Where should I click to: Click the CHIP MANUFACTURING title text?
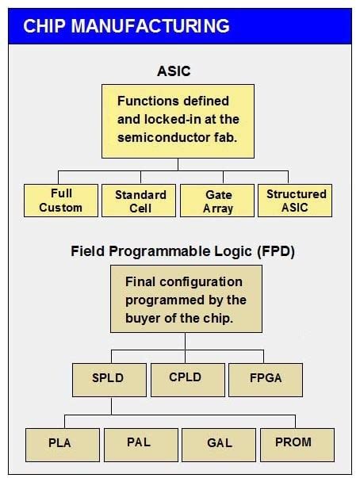coord(126,25)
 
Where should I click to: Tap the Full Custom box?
coord(60,201)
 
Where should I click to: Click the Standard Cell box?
coord(140,201)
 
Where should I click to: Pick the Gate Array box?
coord(217,201)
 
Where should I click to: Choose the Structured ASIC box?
coord(296,200)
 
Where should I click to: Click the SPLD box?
coord(111,379)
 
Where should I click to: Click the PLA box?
coord(59,442)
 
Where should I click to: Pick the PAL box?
coord(139,442)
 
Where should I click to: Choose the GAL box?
coord(220,442)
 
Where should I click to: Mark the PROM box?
coord(293,441)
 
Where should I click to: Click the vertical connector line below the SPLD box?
coord(111,406)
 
